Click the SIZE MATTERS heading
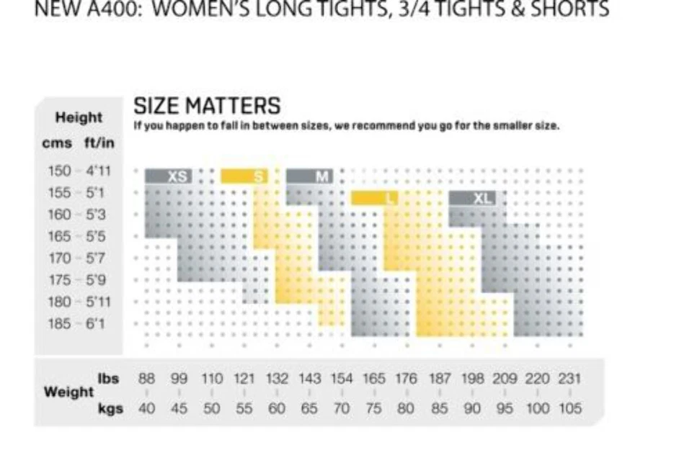(x=207, y=106)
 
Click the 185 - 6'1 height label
(x=76, y=323)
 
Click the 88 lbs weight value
(x=147, y=379)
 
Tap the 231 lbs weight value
(x=569, y=379)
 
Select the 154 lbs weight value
(x=342, y=379)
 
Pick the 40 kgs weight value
(x=147, y=408)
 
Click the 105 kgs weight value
(x=569, y=408)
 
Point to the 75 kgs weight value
(x=374, y=408)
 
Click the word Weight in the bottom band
(x=68, y=392)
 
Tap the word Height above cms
(x=79, y=117)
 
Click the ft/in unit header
(x=99, y=143)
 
